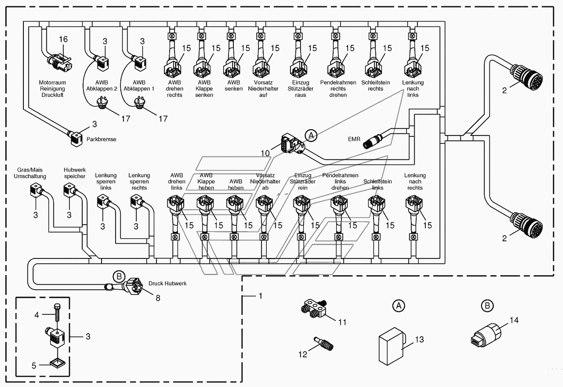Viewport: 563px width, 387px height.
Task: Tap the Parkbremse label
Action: (101, 139)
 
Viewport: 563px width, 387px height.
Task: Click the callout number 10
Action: (265, 153)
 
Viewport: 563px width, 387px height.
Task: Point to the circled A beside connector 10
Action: (311, 136)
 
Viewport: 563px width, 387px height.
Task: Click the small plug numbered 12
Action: (324, 344)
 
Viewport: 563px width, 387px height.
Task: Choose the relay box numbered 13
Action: (392, 346)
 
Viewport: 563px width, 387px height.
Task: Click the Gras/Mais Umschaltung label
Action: (30, 173)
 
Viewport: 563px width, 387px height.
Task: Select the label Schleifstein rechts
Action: (376, 86)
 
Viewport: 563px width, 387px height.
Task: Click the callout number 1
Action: (261, 296)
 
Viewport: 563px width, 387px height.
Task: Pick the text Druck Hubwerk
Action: (167, 283)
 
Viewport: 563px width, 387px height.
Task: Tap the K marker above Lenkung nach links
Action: (413, 36)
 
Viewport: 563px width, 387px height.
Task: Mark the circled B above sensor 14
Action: (487, 306)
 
